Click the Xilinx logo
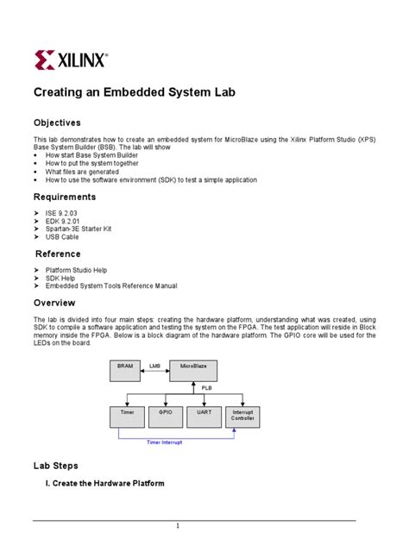coord(71,60)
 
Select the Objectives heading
coord(57,123)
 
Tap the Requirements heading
coord(64,197)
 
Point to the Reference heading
coord(58,254)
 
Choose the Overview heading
coord(54,303)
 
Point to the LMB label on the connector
coord(155,366)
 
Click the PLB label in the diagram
coord(207,388)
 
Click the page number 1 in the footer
coord(177,526)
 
